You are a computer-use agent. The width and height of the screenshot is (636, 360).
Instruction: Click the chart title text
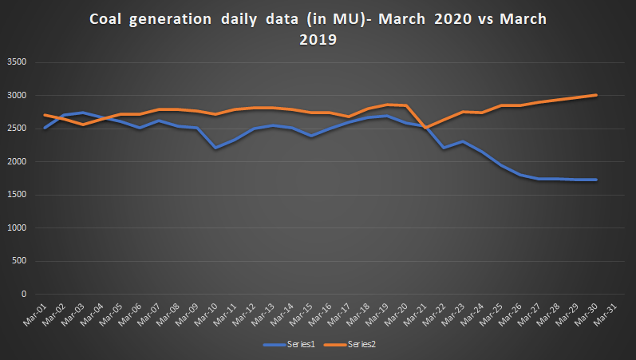pyautogui.click(x=318, y=30)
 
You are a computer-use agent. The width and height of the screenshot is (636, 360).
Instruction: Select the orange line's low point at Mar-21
pyautogui.click(x=425, y=128)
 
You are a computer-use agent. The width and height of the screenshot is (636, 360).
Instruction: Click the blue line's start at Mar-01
pyautogui.click(x=45, y=128)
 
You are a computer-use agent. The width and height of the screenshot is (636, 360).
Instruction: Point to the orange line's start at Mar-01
pyautogui.click(x=45, y=115)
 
